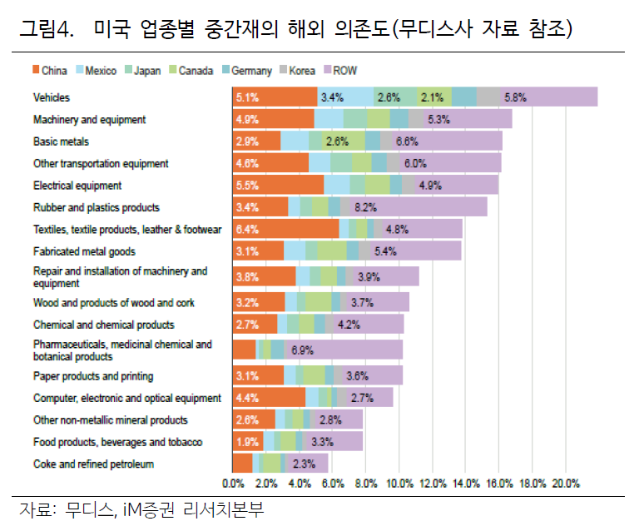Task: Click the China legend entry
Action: pos(49,71)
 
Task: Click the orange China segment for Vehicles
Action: pos(275,97)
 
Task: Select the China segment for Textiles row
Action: pos(285,229)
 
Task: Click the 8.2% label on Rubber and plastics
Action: pos(365,207)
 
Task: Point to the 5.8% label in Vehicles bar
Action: pos(515,97)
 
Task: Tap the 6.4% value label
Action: pos(248,229)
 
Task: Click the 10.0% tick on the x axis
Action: pos(400,483)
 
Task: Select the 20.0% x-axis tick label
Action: pos(567,483)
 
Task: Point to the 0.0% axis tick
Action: pos(233,483)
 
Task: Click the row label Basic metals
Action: pos(61,141)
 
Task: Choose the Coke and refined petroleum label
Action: pos(93,464)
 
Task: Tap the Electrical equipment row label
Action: pos(77,186)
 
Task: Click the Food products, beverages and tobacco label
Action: pos(117,442)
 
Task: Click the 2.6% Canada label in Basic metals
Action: pos(337,141)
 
